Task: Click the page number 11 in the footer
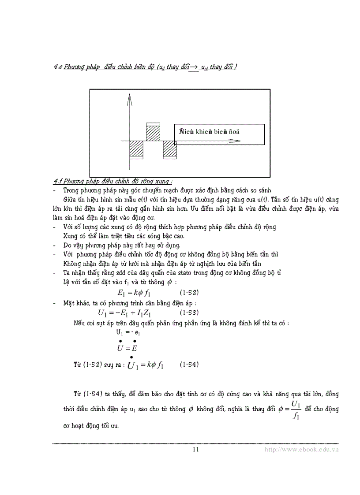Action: point(196,449)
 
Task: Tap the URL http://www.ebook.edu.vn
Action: point(301,449)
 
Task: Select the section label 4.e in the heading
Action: point(58,67)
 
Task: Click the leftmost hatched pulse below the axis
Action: point(135,149)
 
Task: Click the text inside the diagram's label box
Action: point(210,131)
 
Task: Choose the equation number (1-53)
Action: point(189,313)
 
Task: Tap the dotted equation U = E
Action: point(127,348)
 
